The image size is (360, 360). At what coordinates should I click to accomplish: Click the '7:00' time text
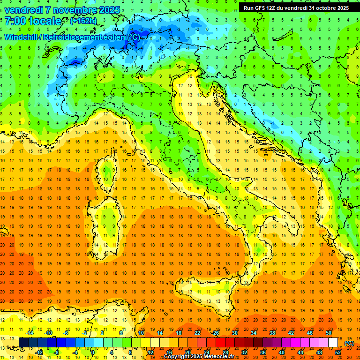17,22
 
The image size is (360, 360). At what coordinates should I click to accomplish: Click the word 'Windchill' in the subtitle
22,37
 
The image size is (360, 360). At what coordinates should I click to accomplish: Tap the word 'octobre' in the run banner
326,8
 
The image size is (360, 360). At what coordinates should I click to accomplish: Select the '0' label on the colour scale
93,352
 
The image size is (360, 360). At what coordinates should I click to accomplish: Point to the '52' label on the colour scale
338,352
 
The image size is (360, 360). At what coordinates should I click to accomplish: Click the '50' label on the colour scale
329,332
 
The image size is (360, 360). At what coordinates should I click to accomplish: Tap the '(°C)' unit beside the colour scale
349,343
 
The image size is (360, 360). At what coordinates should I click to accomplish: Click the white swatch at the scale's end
333,343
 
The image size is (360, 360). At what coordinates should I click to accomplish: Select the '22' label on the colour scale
197,332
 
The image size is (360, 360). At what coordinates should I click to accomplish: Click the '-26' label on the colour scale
215,332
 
